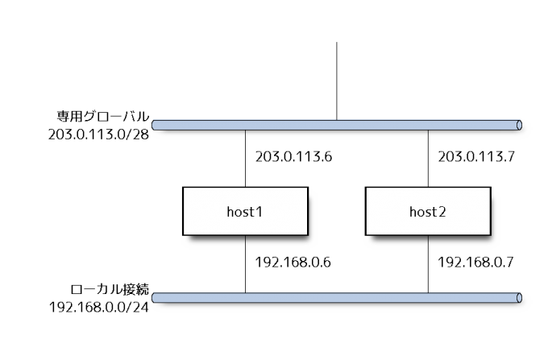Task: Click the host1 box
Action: point(245,212)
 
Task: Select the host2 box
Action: point(428,212)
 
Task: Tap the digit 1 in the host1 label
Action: point(259,213)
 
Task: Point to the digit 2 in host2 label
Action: point(442,213)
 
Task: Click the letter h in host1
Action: point(230,213)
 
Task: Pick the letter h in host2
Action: point(413,213)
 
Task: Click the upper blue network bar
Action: point(337,125)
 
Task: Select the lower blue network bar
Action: point(337,299)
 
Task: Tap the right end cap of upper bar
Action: point(519,125)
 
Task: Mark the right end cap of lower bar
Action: point(519,299)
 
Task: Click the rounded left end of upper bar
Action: point(155,125)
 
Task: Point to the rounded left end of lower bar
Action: point(155,299)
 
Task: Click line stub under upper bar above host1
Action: point(245,135)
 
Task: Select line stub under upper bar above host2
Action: point(428,135)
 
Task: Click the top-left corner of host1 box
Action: point(184,189)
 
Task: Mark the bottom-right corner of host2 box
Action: point(490,235)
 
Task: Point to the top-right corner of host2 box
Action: point(490,189)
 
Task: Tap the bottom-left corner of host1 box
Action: point(184,235)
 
